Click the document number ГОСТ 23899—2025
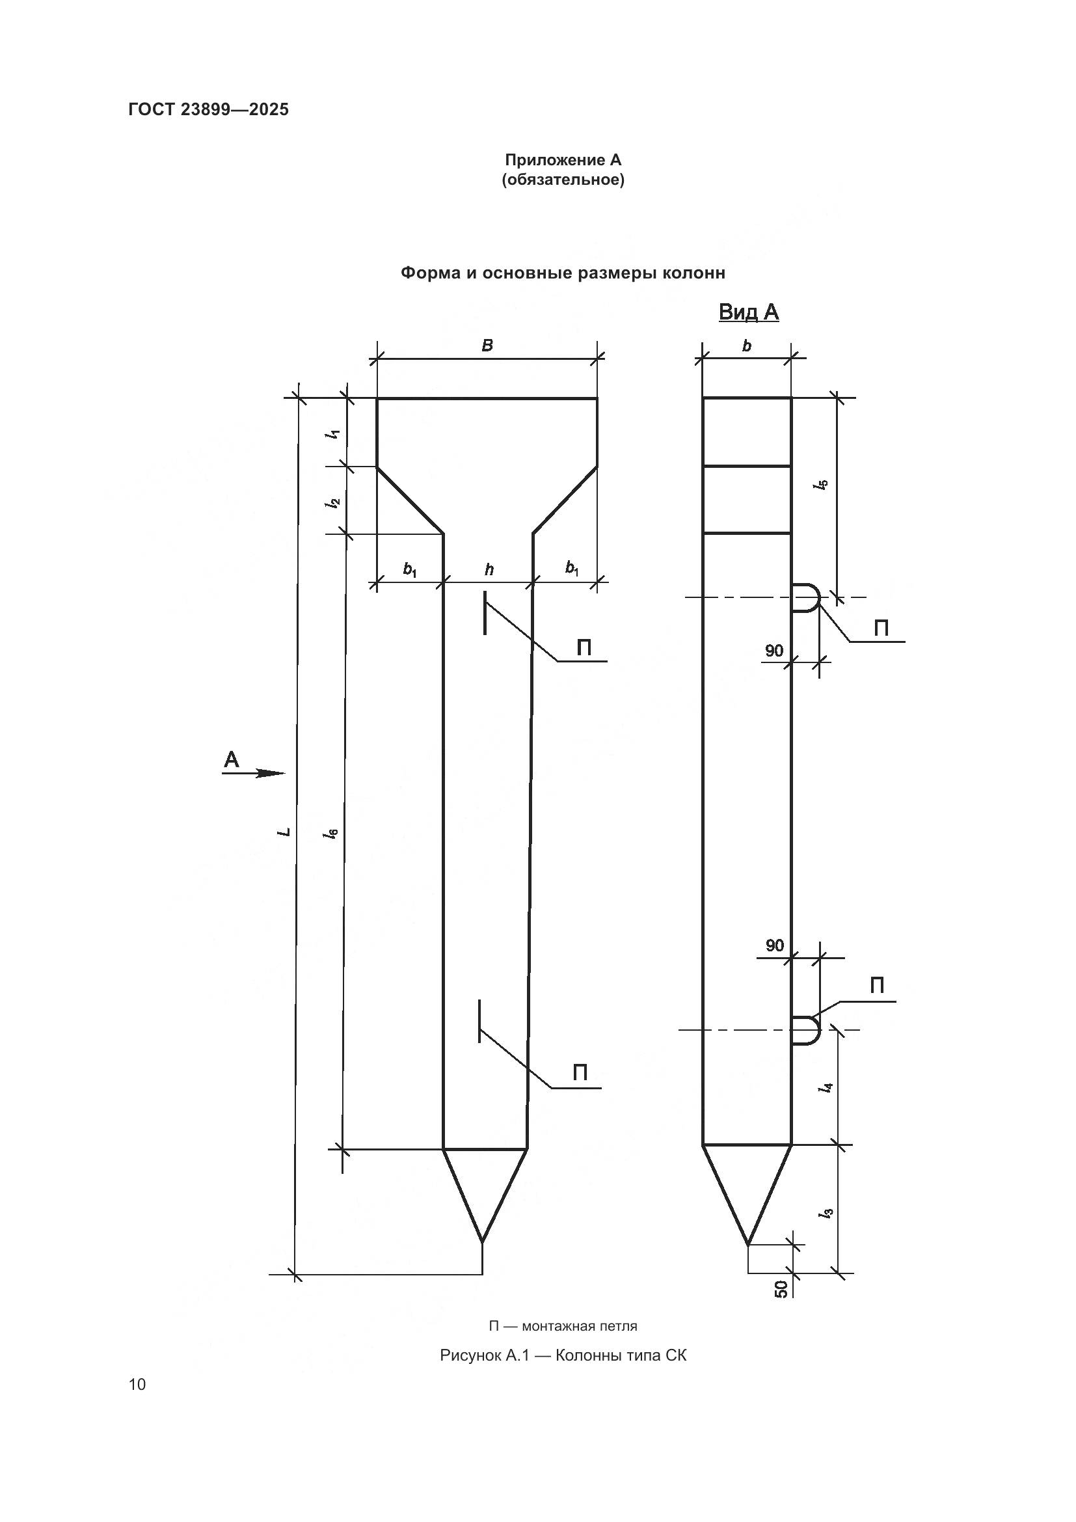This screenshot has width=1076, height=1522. (x=208, y=109)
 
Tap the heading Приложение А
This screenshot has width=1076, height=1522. (x=563, y=161)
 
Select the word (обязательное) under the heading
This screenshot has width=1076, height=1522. (x=563, y=180)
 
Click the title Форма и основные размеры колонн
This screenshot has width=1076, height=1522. (x=563, y=273)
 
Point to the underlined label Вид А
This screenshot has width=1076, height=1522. (x=748, y=312)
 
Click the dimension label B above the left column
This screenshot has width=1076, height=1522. (x=487, y=346)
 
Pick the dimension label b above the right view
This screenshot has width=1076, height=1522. (x=747, y=346)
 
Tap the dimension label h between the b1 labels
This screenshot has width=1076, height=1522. (x=489, y=569)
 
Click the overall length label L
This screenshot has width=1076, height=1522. (x=284, y=831)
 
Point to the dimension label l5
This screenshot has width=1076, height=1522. (x=822, y=485)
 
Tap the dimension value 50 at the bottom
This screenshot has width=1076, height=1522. (x=781, y=1288)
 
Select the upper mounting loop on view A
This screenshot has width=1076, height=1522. (x=806, y=598)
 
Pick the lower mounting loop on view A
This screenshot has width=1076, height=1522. (x=806, y=1029)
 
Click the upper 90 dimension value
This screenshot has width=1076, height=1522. (x=774, y=651)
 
